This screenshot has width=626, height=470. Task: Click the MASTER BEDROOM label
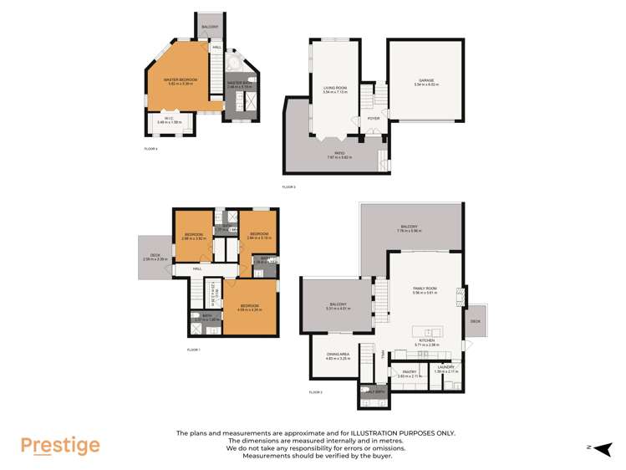point(181,79)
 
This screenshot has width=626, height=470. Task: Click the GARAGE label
point(425,80)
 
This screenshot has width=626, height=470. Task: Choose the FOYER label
point(373,119)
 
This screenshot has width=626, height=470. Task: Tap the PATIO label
point(339,153)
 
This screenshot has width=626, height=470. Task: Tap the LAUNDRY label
point(445,367)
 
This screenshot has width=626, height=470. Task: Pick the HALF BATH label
point(374,391)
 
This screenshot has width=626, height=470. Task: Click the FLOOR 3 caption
point(290,186)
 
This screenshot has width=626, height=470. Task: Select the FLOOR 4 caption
point(150,148)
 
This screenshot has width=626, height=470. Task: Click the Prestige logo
point(60,446)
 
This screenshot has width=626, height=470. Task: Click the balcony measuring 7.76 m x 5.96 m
point(410,228)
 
